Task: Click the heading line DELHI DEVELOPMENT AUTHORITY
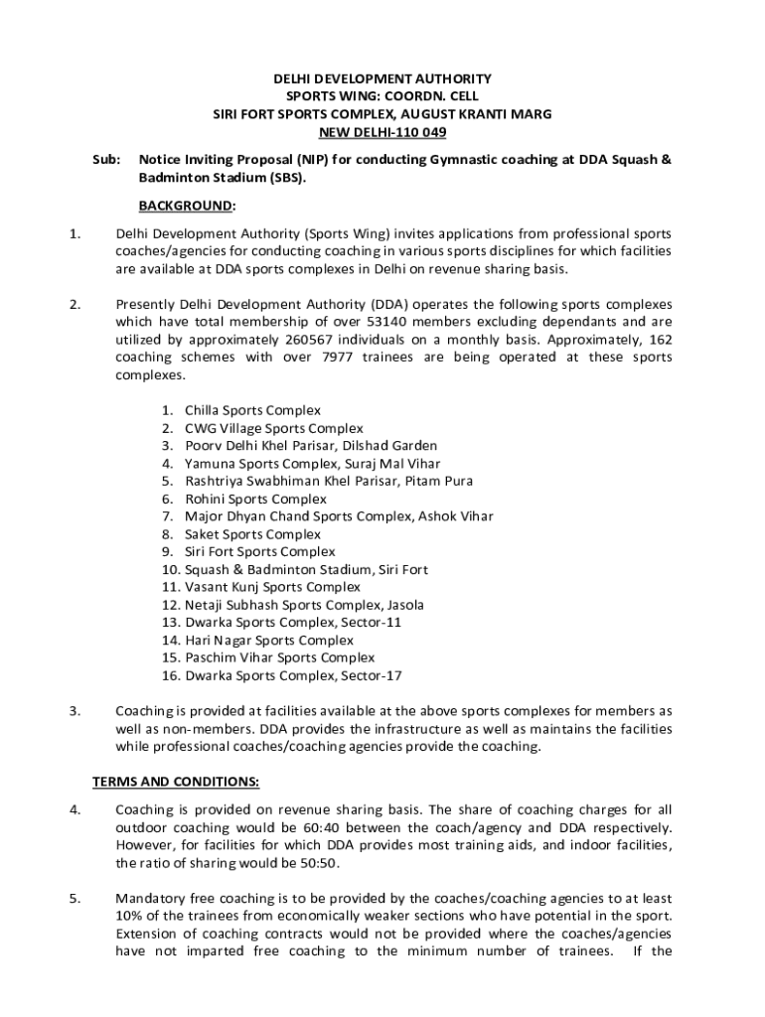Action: pos(382,77)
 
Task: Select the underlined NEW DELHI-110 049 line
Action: pos(382,132)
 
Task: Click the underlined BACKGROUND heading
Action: pos(187,206)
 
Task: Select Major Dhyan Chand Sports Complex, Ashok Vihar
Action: pos(339,516)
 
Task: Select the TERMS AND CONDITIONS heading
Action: pos(176,781)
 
